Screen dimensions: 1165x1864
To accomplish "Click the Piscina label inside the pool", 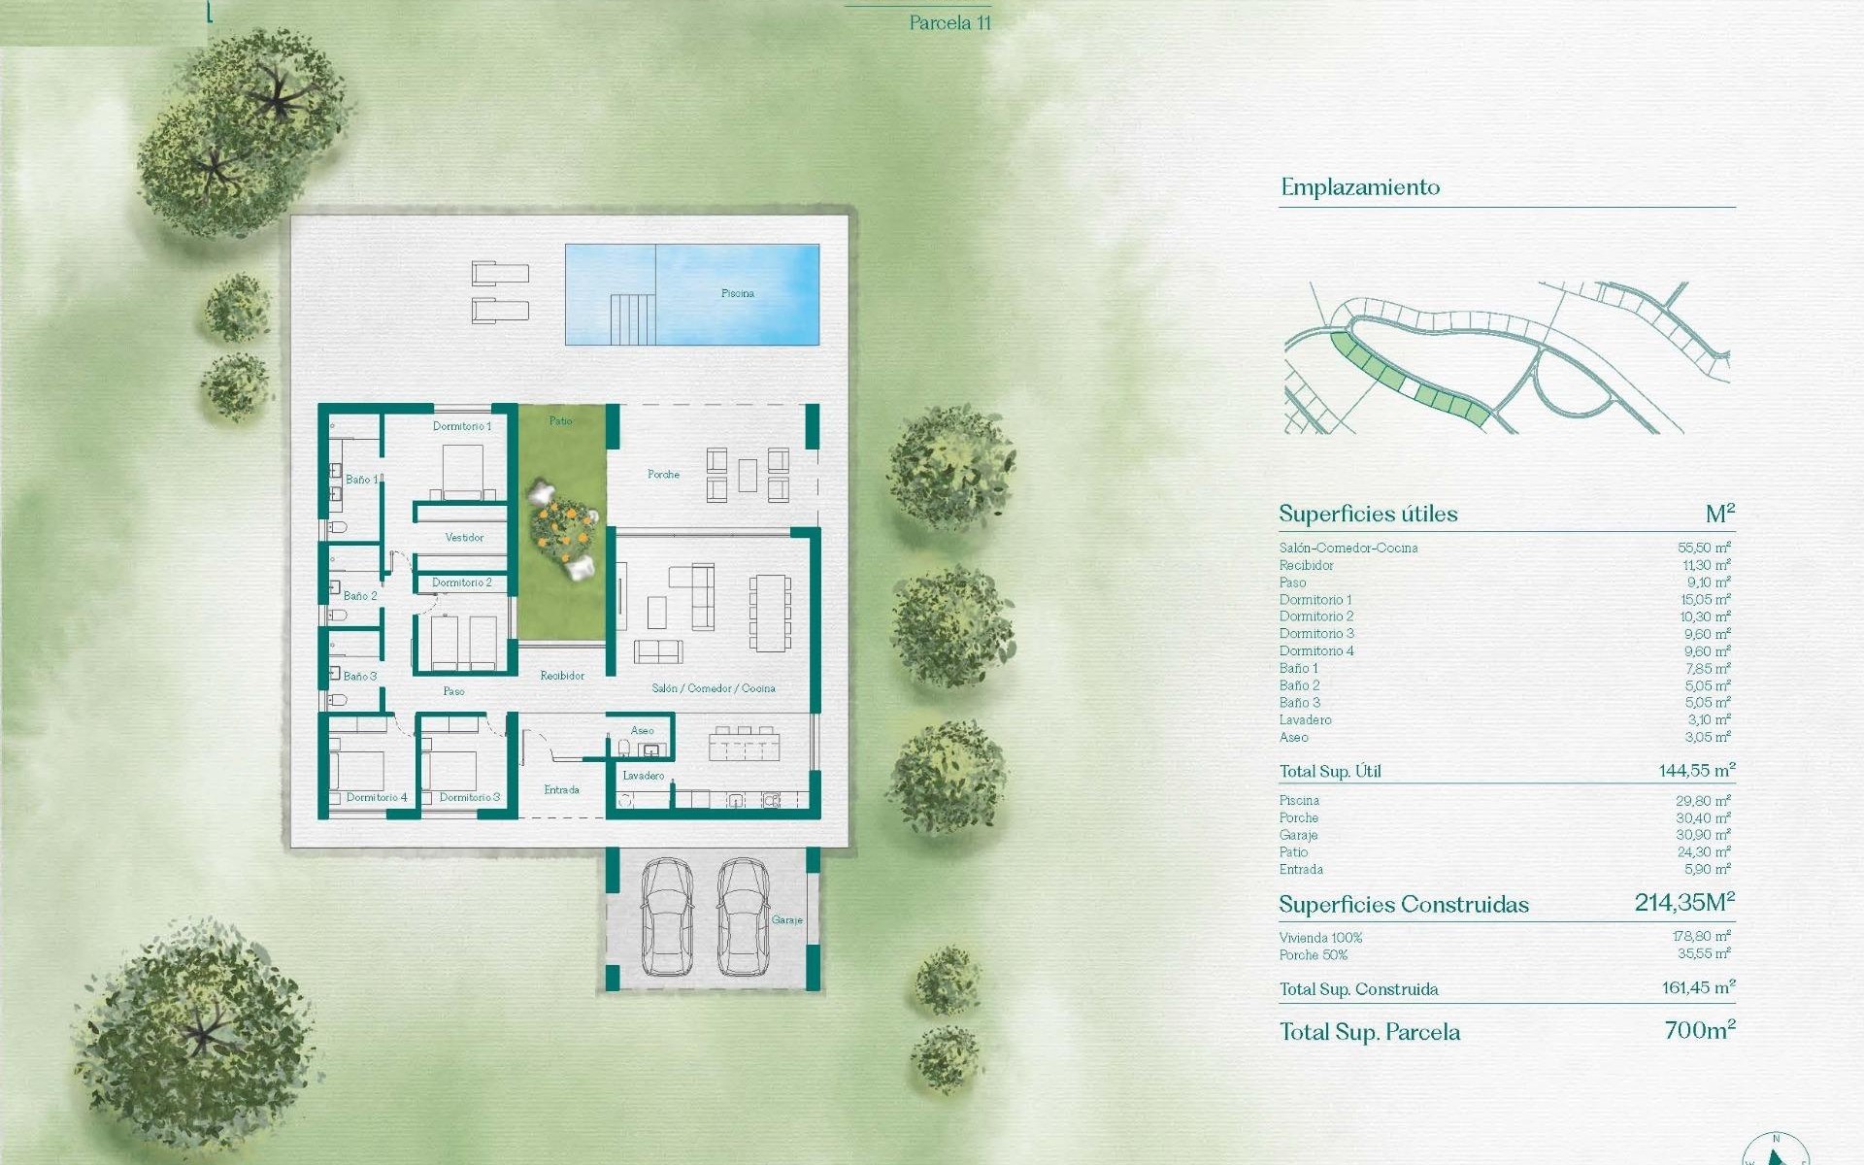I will (737, 293).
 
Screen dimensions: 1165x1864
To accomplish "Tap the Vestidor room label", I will (464, 537).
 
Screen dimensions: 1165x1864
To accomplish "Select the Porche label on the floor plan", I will (663, 475).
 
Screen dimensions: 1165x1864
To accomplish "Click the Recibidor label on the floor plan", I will (562, 676).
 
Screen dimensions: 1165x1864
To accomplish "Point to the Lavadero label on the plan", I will (643, 776).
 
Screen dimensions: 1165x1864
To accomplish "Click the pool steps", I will (632, 319).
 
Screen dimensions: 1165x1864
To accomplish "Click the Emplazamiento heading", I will (1359, 187).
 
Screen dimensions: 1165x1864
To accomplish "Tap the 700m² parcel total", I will (1699, 1030).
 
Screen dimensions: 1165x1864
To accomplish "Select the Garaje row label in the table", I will (1298, 835).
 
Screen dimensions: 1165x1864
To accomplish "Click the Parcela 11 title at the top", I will (949, 23).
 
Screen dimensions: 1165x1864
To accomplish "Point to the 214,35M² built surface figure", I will (1683, 903).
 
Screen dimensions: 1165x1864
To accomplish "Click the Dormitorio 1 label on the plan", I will (462, 426).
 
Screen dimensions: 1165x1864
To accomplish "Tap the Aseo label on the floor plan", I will (642, 731).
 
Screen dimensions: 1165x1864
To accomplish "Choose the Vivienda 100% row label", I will (1320, 938).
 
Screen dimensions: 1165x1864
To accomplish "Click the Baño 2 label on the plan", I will (360, 596).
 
